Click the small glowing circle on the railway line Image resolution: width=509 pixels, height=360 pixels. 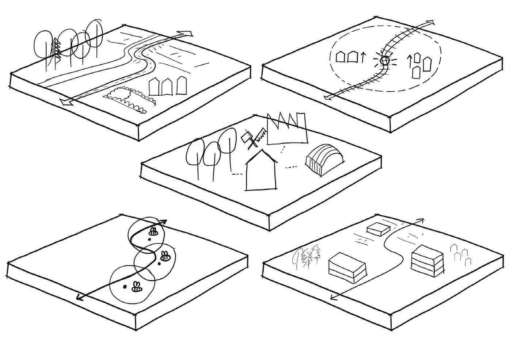384,61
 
